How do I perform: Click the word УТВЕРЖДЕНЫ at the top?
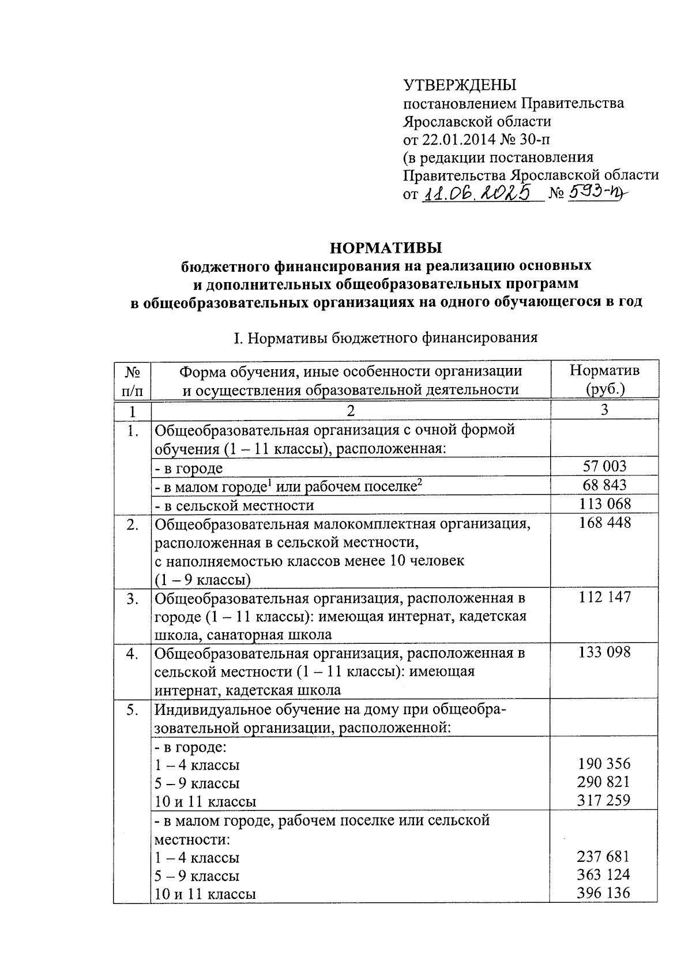(x=460, y=85)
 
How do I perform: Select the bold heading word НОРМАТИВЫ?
(x=386, y=248)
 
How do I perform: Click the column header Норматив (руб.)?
(x=604, y=379)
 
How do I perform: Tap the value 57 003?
(x=604, y=467)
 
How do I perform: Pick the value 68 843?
(x=604, y=485)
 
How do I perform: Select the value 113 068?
(x=604, y=504)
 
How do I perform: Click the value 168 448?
(x=604, y=523)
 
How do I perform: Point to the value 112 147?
(x=604, y=597)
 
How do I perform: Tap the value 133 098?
(x=604, y=652)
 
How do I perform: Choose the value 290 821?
(x=604, y=782)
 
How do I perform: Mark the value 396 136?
(x=604, y=893)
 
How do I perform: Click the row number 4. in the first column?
(x=133, y=654)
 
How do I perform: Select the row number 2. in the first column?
(x=133, y=524)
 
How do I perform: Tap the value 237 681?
(x=604, y=857)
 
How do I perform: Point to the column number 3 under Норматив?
(x=604, y=410)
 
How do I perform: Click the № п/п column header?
(x=133, y=380)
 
